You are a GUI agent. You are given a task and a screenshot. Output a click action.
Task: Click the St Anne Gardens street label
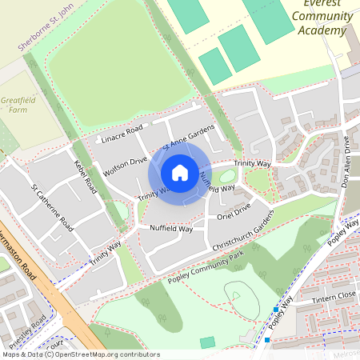[189, 136]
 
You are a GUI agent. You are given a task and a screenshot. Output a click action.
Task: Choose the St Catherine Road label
[53, 209]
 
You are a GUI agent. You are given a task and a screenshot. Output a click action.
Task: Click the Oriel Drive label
[234, 210]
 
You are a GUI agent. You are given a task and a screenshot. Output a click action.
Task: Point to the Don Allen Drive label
[347, 163]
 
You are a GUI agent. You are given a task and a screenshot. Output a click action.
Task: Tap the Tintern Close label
[334, 295]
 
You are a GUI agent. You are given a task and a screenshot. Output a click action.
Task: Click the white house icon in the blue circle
[180, 172]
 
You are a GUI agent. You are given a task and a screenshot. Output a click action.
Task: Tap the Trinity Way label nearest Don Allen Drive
[253, 163]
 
